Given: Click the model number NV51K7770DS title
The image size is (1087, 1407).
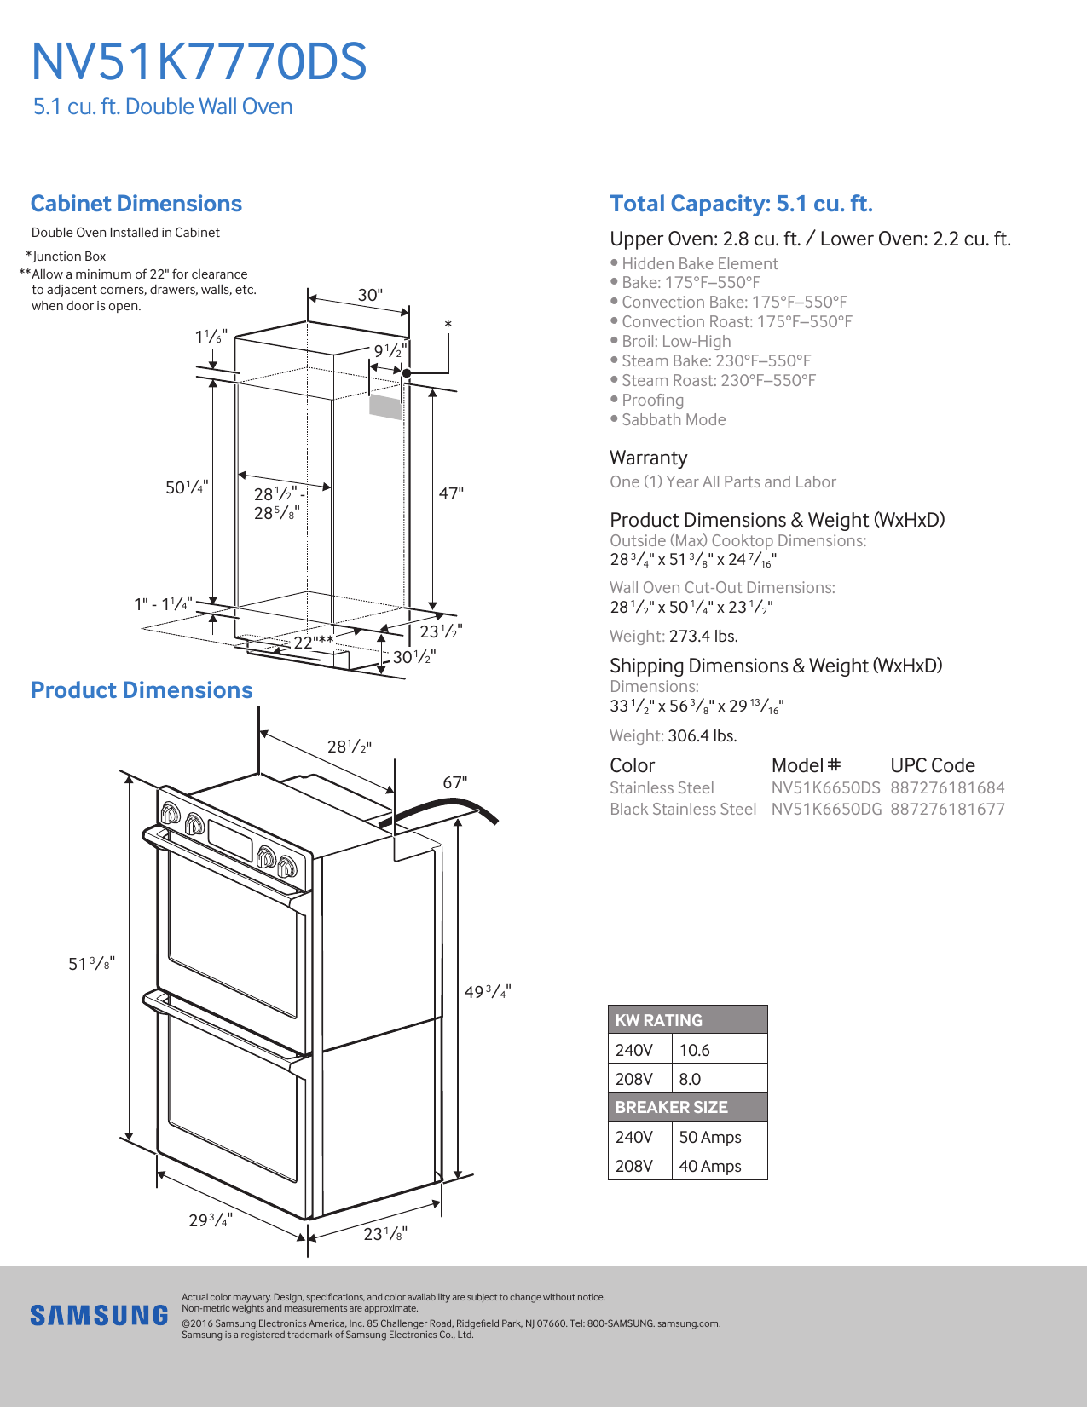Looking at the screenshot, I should pyautogui.click(x=199, y=62).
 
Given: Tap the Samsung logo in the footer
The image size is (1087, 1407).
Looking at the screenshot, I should pyautogui.click(x=99, y=1315).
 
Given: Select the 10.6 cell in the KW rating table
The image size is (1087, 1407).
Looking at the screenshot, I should pyautogui.click(x=695, y=1050).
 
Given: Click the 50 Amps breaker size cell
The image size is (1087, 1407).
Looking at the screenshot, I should pyautogui.click(x=710, y=1137).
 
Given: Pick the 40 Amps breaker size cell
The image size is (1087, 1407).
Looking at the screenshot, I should pyautogui.click(x=710, y=1166).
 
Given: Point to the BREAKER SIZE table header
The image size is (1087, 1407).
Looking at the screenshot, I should pyautogui.click(x=672, y=1107).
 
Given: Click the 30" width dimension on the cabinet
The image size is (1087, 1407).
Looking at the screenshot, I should pyautogui.click(x=370, y=295).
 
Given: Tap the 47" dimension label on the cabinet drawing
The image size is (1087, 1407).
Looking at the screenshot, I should pyautogui.click(x=451, y=493).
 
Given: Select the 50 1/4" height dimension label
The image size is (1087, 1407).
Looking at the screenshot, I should pyautogui.click(x=186, y=487).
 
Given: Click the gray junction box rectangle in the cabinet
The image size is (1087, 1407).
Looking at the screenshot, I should pyautogui.click(x=385, y=407).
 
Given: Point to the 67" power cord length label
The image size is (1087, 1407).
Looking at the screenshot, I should pyautogui.click(x=454, y=782).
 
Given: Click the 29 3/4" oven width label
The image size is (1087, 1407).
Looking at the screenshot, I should pyautogui.click(x=210, y=1220).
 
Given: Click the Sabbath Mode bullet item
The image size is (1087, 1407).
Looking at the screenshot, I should pyautogui.click(x=674, y=419).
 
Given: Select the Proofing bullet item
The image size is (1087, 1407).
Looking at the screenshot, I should pyautogui.click(x=652, y=400).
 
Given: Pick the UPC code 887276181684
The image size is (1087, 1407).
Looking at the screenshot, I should pyautogui.click(x=947, y=787).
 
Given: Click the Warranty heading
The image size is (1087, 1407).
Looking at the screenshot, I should pyautogui.click(x=648, y=458).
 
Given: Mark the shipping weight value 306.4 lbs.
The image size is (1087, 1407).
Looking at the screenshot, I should pyautogui.click(x=703, y=735).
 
